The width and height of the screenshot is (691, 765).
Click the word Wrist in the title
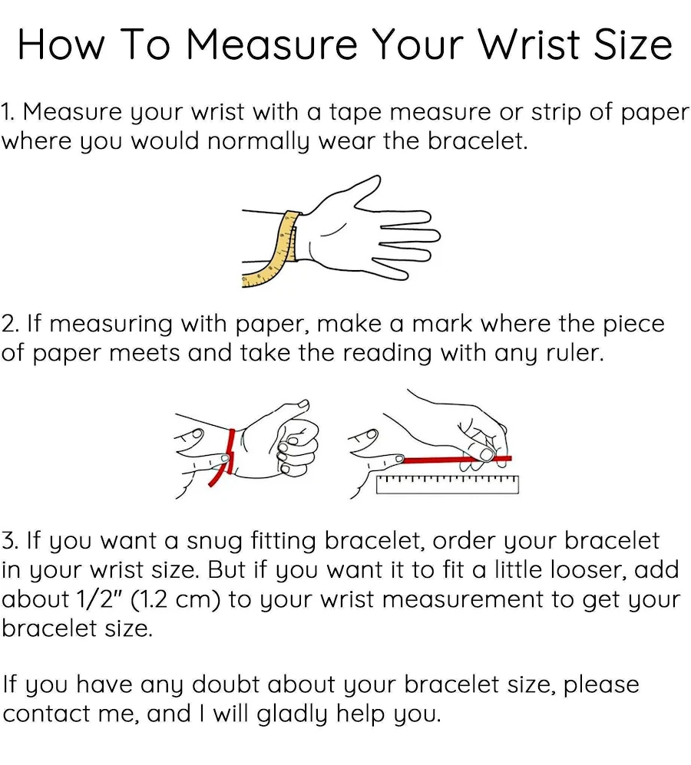(529, 45)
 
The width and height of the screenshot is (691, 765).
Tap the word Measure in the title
(273, 45)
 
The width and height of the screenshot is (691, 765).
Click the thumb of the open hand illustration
(351, 193)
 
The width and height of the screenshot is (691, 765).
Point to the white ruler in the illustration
(448, 484)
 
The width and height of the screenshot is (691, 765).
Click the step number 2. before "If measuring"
(9, 324)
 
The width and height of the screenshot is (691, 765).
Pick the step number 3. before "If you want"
(9, 541)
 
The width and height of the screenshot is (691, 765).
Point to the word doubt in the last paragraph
(225, 684)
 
